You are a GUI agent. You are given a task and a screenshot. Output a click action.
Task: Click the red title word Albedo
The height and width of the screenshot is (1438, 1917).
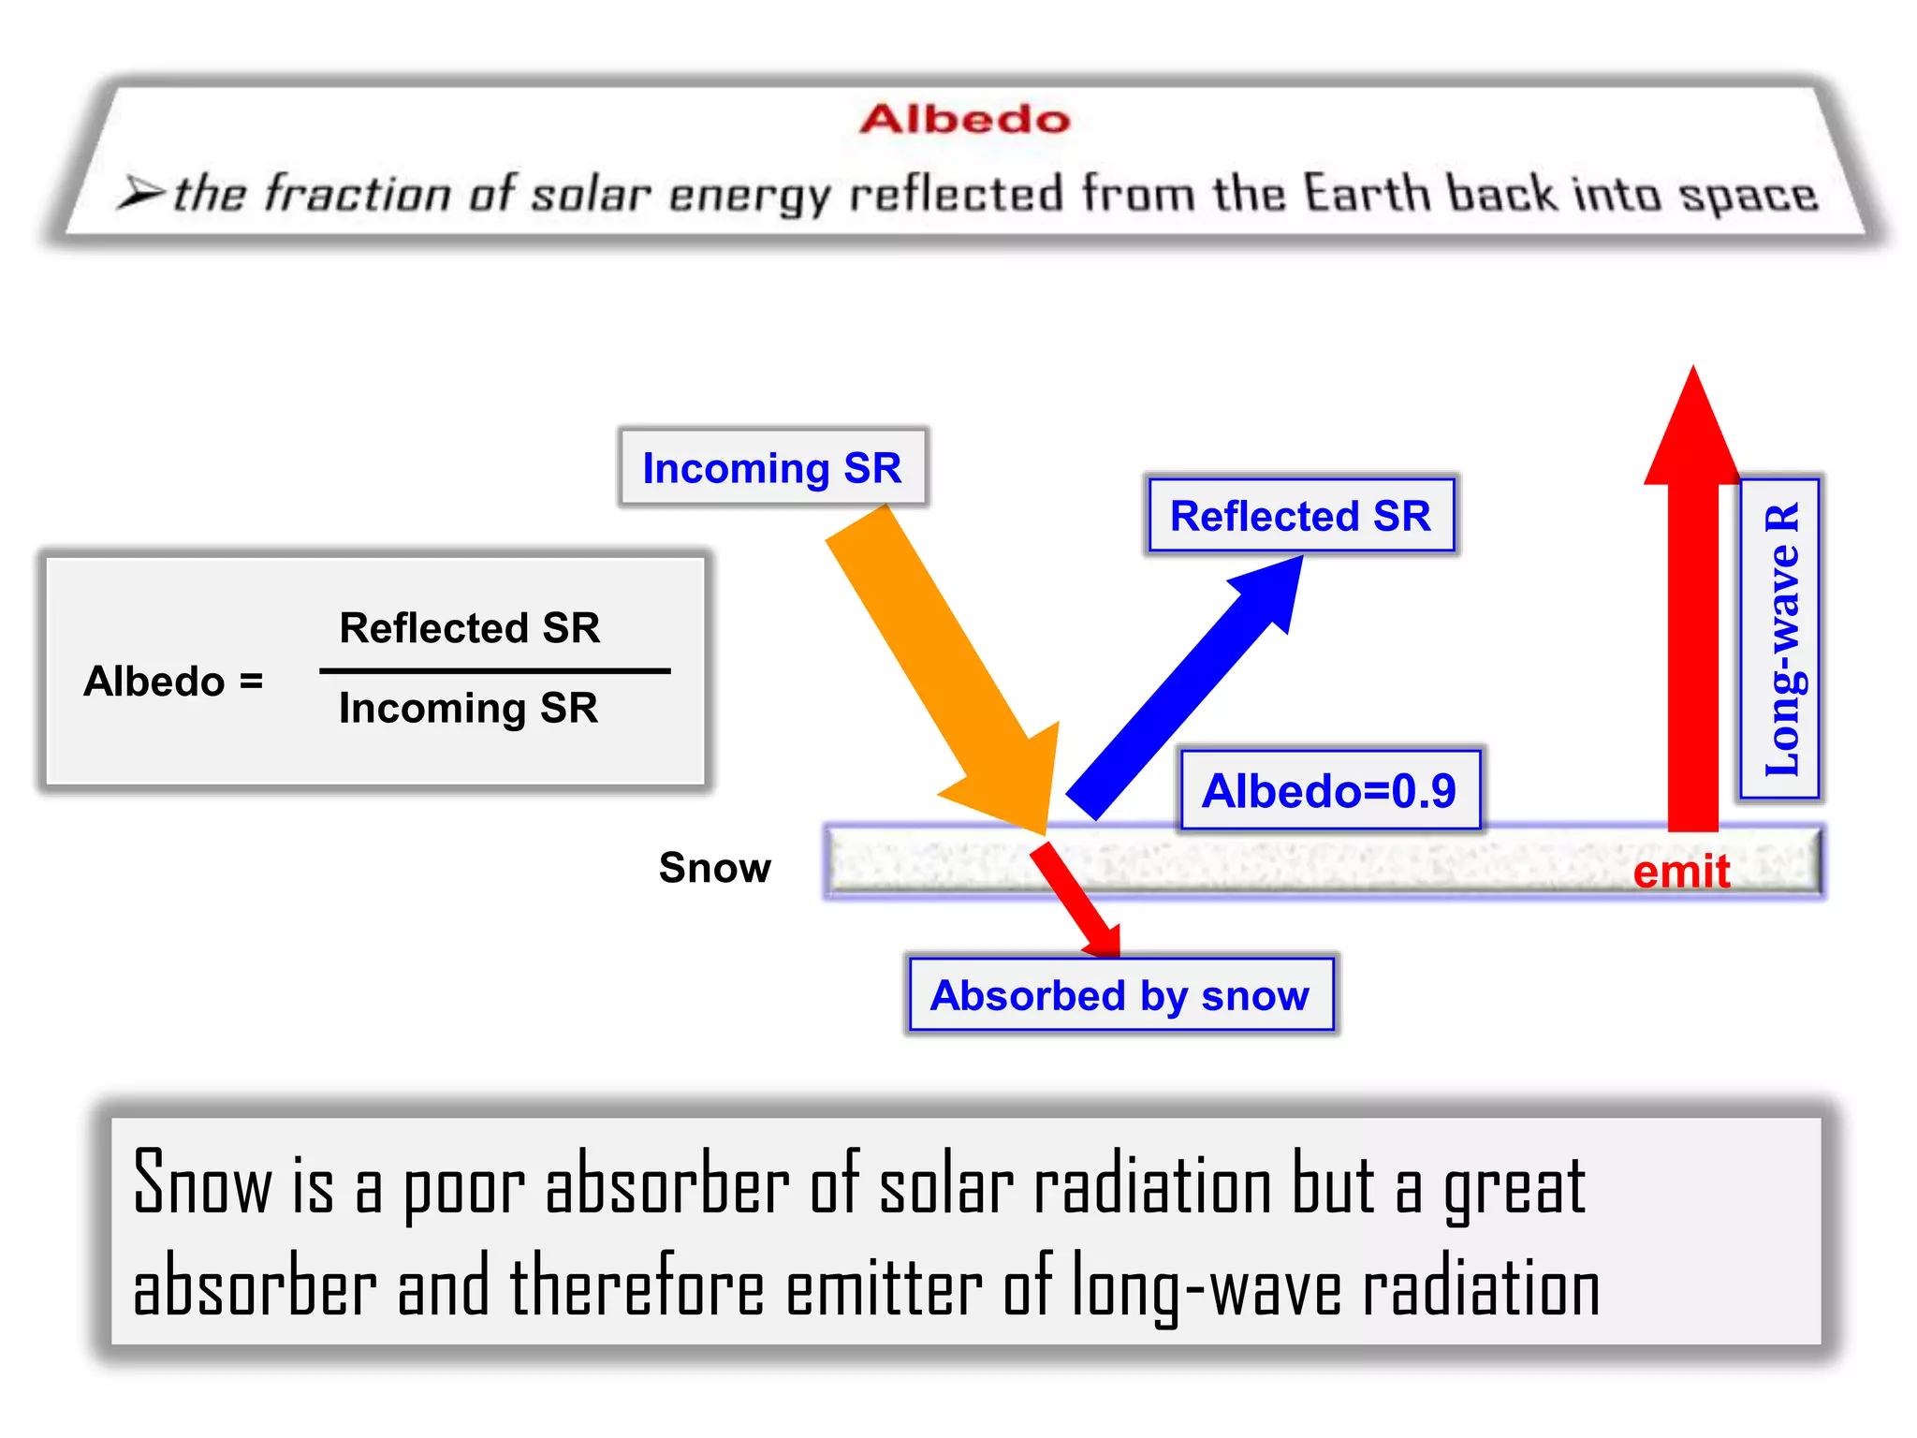tap(964, 120)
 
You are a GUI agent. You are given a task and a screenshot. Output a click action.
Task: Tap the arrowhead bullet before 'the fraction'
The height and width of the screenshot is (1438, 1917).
tap(140, 193)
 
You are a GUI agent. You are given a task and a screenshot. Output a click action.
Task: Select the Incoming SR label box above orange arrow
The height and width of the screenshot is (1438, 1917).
tap(772, 467)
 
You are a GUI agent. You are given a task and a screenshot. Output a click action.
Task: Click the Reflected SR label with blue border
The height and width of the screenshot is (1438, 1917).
tap(1300, 516)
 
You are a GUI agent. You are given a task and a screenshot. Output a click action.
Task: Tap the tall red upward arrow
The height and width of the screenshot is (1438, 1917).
tap(1693, 609)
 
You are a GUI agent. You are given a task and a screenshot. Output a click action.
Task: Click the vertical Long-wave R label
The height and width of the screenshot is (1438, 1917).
tap(1779, 639)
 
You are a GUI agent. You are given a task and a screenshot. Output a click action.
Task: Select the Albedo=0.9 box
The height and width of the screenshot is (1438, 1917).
tap(1329, 790)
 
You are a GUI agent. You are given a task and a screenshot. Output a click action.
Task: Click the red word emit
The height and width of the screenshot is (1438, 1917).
tap(1681, 872)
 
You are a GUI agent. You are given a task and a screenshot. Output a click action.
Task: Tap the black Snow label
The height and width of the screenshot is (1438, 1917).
tap(715, 868)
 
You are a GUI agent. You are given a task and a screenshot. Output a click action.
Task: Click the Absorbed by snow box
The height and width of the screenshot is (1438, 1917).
tap(1120, 994)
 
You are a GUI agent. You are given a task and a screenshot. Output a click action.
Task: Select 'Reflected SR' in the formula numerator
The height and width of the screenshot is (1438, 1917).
tap(469, 627)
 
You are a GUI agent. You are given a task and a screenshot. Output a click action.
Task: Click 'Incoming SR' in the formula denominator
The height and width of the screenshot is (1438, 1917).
tap(468, 708)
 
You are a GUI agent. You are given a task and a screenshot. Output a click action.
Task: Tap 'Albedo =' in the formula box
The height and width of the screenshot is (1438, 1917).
tap(174, 681)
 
